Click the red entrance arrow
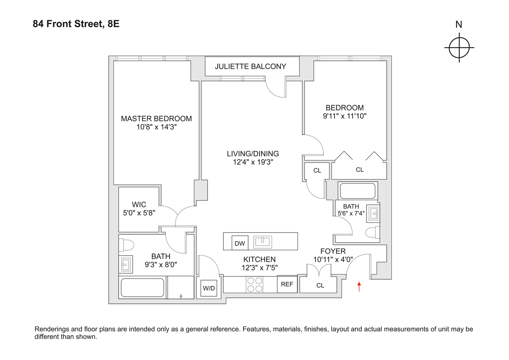(359, 287)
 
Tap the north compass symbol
(459, 47)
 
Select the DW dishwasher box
(240, 243)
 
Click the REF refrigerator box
(287, 284)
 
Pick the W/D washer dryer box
(209, 288)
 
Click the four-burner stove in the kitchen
(255, 284)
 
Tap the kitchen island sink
(263, 242)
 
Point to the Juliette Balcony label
(250, 67)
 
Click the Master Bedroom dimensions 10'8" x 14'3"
(156, 127)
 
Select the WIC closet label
(139, 204)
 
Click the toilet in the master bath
(127, 245)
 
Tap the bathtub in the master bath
(142, 287)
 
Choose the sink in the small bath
(374, 214)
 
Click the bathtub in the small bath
(358, 191)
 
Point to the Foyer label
(333, 251)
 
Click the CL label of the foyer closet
(320, 285)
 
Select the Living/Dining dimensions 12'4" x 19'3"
(253, 162)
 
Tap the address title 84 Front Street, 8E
(76, 24)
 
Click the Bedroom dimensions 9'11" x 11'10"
(344, 116)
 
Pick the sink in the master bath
(126, 265)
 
